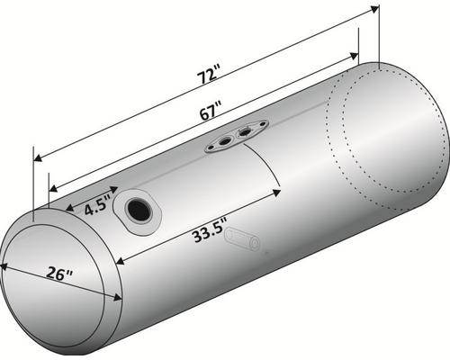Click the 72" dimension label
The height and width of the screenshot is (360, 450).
point(208,76)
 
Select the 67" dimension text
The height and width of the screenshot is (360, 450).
point(211,111)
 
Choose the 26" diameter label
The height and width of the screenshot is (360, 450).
point(59,273)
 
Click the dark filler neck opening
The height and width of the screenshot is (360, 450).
point(139,211)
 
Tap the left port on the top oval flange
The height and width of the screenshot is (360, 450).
point(225,141)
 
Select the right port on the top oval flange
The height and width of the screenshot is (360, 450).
point(245,131)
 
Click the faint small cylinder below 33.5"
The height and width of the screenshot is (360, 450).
point(243,239)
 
